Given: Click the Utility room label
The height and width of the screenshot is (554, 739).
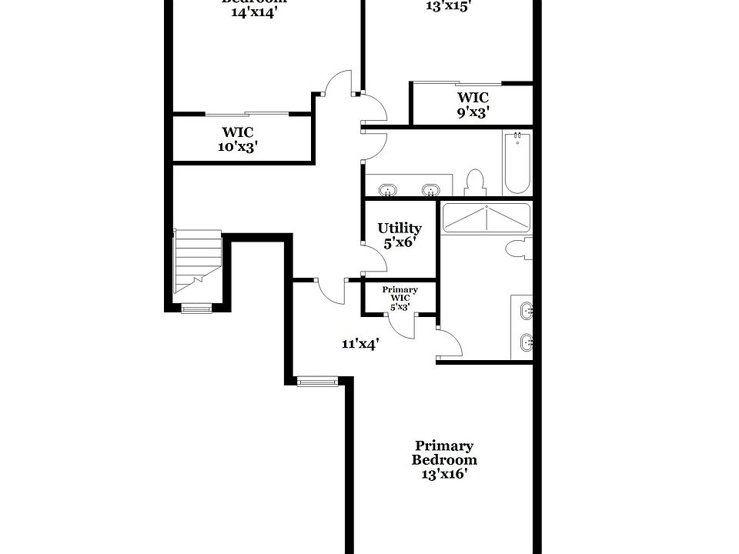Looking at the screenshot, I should point(400,229).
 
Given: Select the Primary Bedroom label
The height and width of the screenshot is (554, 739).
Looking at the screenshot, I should point(444,452).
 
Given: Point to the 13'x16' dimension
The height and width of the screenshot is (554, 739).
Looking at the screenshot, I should point(444,474).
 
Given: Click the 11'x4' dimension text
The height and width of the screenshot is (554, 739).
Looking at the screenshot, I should point(359,344).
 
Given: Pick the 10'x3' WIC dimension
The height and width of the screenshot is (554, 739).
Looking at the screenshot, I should point(237,146).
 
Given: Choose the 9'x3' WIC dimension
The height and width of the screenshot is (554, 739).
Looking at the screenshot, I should point(473,112).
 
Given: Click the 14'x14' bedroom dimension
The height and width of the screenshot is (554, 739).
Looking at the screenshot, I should point(253,14).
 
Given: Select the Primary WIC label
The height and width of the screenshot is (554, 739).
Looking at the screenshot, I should point(400,294).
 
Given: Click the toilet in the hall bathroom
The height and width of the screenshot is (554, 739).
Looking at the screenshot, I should point(475,182).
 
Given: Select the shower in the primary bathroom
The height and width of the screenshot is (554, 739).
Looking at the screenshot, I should point(486,219).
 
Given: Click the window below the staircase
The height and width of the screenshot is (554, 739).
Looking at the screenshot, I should point(196,309).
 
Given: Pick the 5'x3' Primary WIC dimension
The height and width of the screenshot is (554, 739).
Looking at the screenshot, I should point(399,307).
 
